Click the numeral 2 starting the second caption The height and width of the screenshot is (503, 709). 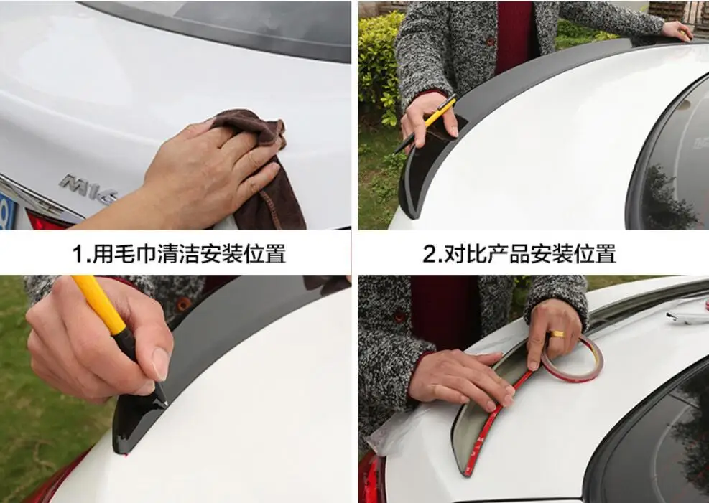tap(430, 254)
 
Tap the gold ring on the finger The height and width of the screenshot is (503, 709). tap(557, 334)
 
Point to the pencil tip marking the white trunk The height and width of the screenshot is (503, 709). tap(166, 403)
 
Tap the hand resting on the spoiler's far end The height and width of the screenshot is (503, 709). tap(676, 29)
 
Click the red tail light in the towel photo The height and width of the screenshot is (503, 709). tap(43, 221)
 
